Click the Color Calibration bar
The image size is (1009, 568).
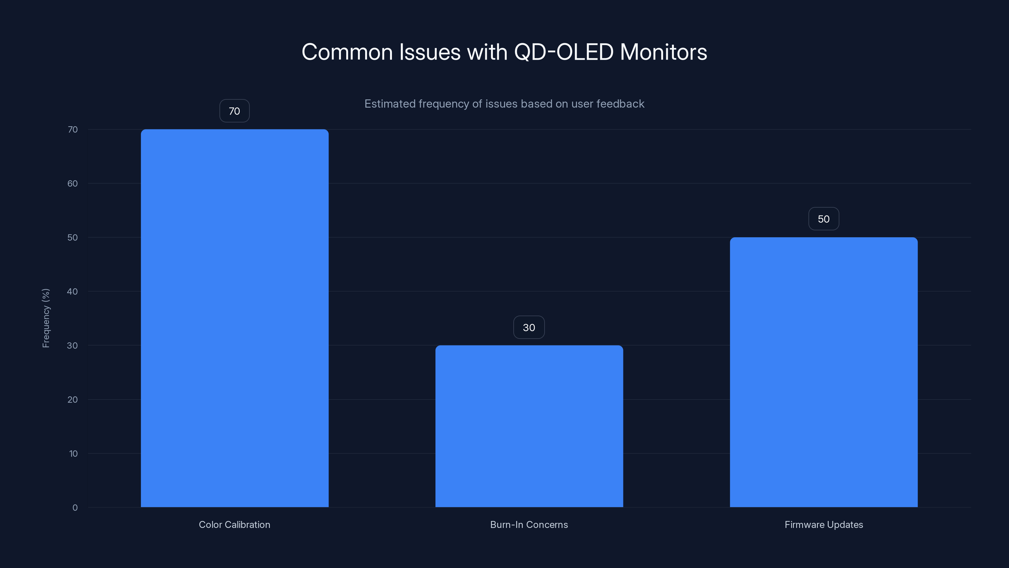[x=235, y=318]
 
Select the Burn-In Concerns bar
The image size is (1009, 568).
[x=529, y=426]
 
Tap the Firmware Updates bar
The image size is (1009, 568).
[x=823, y=372]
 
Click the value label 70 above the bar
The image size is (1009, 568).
[x=234, y=111]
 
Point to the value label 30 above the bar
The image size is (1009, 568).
[x=529, y=327]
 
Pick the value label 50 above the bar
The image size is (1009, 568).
[x=823, y=219]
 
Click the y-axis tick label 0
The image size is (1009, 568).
[x=75, y=508]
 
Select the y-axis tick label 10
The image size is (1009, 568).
[x=73, y=453]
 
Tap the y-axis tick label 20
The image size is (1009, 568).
[x=73, y=399]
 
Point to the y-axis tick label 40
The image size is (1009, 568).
[x=73, y=291]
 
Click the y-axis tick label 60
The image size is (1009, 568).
[x=73, y=183]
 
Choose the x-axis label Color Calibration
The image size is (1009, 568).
[x=234, y=524]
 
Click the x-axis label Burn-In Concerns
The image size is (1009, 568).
[x=529, y=524]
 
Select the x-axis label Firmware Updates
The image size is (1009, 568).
[x=823, y=524]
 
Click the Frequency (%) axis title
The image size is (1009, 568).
[x=46, y=318]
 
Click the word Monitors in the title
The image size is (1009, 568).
[x=663, y=52]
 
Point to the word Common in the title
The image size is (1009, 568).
[x=347, y=52]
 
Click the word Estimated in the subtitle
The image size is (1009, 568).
[x=389, y=104]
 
